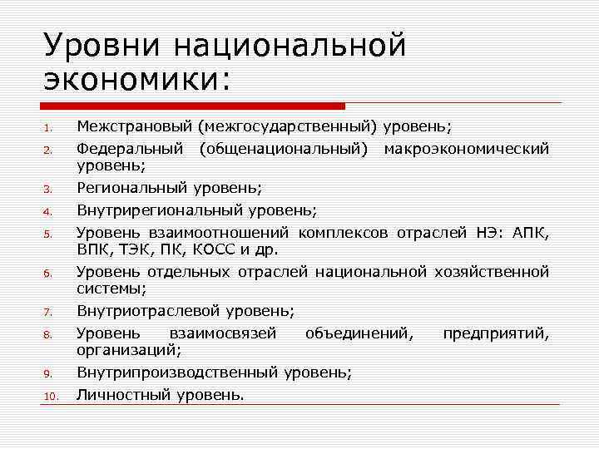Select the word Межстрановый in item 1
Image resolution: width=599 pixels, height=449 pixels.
tap(133, 127)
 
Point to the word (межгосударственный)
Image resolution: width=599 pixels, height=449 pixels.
tap(287, 127)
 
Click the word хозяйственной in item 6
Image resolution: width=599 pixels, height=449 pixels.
tap(492, 271)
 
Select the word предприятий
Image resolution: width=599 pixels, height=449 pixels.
tap(496, 333)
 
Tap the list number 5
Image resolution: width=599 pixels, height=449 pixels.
tap(49, 234)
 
